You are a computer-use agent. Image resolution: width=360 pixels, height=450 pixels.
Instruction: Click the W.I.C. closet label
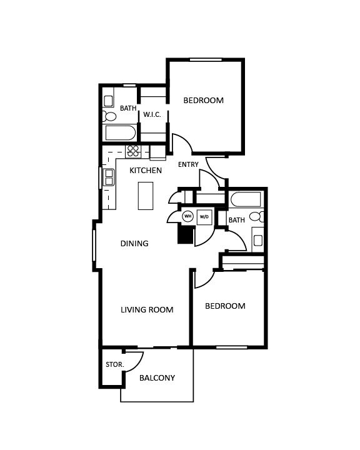pos(152,114)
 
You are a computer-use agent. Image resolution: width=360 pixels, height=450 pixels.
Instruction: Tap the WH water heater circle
pos(187,217)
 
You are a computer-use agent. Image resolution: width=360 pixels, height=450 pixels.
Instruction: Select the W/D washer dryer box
pos(204,217)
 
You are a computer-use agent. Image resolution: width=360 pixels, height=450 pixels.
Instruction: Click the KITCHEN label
pos(146,170)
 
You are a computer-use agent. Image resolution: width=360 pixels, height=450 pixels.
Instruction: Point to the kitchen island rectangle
pos(146,196)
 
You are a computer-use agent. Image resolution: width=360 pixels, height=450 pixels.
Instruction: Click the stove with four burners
pos(134,151)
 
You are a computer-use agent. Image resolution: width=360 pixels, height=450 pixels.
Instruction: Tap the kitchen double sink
pos(109,177)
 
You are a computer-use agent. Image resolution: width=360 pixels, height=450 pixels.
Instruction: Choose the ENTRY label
pos(188,165)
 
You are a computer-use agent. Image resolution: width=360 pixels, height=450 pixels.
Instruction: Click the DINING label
pos(134,243)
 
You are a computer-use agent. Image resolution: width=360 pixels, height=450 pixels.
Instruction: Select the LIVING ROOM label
pos(147,309)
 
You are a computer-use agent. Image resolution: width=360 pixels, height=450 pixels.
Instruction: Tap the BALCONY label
pos(157,378)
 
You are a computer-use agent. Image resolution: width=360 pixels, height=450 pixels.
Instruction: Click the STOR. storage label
pos(114,364)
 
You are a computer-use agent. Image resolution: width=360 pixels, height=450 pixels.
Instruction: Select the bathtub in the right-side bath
pos(245,200)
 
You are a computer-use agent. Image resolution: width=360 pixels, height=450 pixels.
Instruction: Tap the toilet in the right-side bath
pos(256,217)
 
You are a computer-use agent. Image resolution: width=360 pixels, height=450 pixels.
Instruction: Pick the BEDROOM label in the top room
pos(203,100)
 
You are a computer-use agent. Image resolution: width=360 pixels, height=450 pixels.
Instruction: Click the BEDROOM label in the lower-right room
pos(225,306)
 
